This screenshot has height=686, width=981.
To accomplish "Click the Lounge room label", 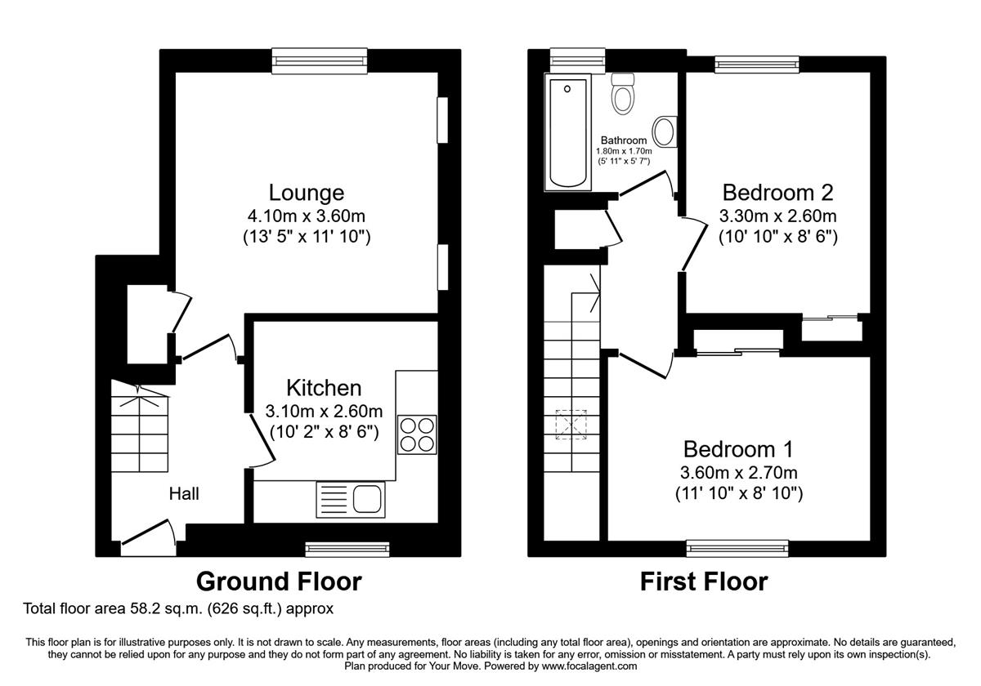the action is [x=306, y=193].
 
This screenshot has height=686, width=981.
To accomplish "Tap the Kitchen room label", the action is [x=324, y=388].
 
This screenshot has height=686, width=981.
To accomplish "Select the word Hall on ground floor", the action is [x=184, y=494].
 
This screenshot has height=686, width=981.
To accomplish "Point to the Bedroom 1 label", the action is [x=738, y=449].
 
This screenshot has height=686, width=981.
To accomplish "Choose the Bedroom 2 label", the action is [x=777, y=193].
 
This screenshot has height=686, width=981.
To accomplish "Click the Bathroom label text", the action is [x=624, y=140].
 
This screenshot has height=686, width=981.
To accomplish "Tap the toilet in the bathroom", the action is [x=623, y=94].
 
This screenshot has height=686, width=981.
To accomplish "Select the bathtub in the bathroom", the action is [x=567, y=132].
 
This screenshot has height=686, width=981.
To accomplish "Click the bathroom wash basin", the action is [x=665, y=131].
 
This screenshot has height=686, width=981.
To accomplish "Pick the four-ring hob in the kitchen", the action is [x=417, y=434].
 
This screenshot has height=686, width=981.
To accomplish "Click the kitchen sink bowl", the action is [x=367, y=499].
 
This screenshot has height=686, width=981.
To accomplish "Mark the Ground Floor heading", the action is [x=279, y=581].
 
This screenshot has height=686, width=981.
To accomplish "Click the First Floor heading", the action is [x=704, y=581].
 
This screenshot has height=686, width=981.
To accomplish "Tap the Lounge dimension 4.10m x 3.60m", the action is [x=306, y=216].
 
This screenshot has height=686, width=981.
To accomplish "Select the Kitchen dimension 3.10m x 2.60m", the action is [x=324, y=412].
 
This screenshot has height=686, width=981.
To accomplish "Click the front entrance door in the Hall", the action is [x=149, y=537].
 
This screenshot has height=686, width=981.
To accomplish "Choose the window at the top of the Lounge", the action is [x=320, y=60].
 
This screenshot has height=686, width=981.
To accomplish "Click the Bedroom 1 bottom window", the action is [x=737, y=548].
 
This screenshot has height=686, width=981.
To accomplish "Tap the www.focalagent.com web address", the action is [x=589, y=666].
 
